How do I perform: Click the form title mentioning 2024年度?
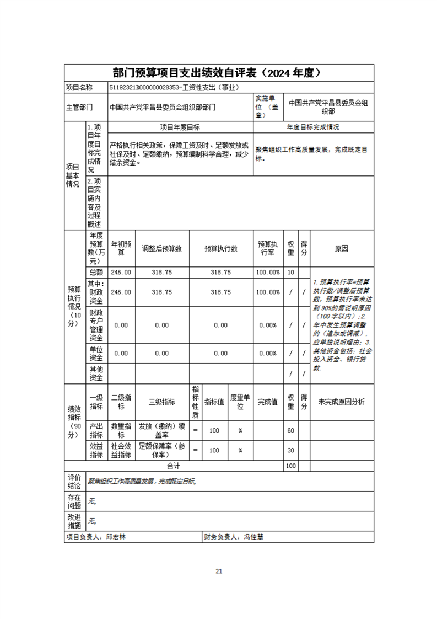coord(218,73)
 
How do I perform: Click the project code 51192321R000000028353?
coord(145,87)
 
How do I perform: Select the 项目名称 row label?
coord(79,87)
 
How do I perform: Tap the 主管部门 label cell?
coord(79,108)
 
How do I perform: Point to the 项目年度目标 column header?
coord(180,127)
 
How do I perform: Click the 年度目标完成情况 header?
coord(313,127)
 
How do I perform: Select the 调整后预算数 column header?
coord(161,249)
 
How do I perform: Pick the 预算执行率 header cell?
coord(268,249)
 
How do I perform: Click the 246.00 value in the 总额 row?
coord(121,273)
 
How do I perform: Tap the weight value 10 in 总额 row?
coord(291,273)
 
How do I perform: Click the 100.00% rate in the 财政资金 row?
coord(268,292)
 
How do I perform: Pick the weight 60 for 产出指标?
coord(291,430)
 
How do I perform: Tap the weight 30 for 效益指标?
coord(291,450)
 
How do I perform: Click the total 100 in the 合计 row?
coord(291,466)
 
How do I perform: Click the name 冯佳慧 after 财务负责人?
coord(253,536)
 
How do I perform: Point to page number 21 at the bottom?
coord(219,571)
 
